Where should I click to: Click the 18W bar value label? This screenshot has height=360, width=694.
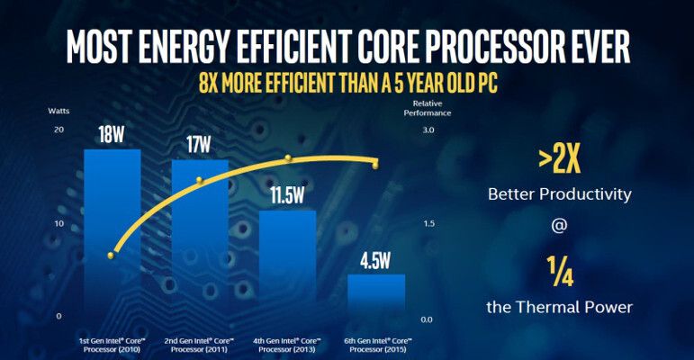pyautogui.click(x=113, y=136)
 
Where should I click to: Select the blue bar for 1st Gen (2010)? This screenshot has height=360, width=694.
pyautogui.click(x=113, y=234)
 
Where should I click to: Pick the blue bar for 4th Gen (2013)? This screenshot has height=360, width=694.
pyautogui.click(x=287, y=265)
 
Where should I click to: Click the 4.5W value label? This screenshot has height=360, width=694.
pyautogui.click(x=376, y=262)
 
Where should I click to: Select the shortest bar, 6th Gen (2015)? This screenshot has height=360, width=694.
pyautogui.click(x=376, y=297)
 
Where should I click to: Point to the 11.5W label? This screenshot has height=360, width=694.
pyautogui.click(x=287, y=198)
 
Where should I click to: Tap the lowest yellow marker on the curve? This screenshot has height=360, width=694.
pyautogui.click(x=111, y=256)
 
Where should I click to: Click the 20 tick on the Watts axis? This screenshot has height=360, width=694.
pyautogui.click(x=59, y=130)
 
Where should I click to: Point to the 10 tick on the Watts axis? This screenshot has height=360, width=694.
pyautogui.click(x=59, y=223)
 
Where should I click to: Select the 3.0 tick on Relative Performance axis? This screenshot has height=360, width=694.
pyautogui.click(x=428, y=130)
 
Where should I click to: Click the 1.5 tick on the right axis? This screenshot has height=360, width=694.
pyautogui.click(x=428, y=223)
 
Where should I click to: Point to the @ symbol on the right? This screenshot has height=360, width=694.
pyautogui.click(x=559, y=229)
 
